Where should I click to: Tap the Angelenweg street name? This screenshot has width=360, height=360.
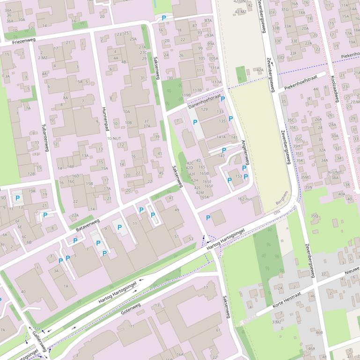(x=245, y=152)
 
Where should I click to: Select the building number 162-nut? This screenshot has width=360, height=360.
(x=245, y=199)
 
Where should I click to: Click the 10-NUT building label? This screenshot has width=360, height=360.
(x=114, y=139)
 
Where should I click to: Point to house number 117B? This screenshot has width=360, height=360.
(x=197, y=90)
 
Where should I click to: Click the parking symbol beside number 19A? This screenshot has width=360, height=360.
(x=18, y=198)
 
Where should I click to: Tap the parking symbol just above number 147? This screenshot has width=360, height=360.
(x=224, y=150)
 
